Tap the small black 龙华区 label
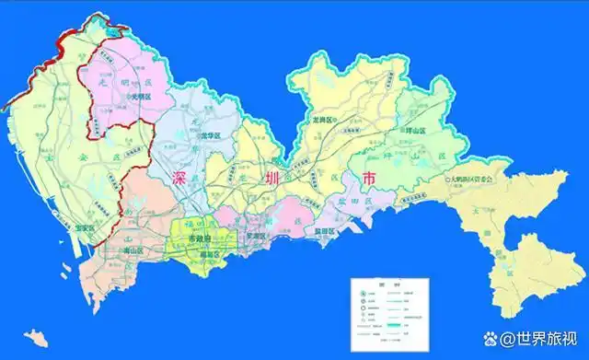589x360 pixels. (x=210, y=137)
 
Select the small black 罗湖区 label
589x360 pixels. (x=255, y=236)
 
